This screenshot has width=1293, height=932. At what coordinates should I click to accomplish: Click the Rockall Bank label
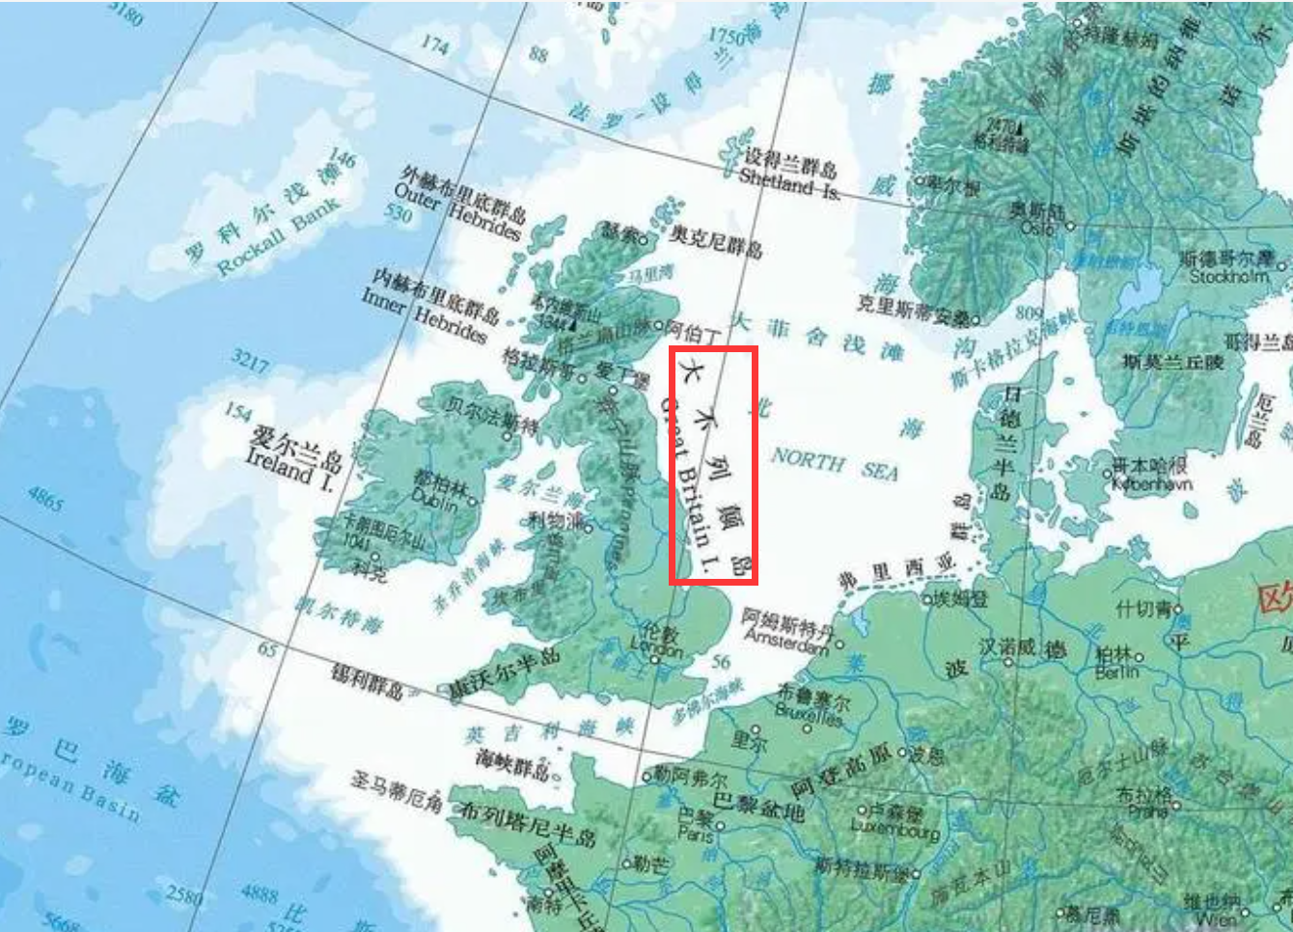click(x=277, y=237)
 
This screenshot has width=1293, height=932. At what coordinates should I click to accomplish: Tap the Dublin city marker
click(x=473, y=502)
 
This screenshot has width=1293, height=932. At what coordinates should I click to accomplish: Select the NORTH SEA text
click(x=834, y=465)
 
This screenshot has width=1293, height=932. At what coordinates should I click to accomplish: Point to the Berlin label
click(x=1116, y=672)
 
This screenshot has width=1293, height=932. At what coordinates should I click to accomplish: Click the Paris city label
click(x=695, y=833)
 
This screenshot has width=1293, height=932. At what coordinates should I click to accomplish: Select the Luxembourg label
click(x=894, y=829)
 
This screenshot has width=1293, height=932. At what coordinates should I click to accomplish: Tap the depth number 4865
click(x=45, y=499)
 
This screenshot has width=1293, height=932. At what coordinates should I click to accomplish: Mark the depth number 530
click(x=399, y=214)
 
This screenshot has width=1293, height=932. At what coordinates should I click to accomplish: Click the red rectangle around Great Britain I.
click(x=713, y=466)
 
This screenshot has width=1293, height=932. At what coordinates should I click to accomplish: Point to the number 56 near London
click(x=721, y=662)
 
